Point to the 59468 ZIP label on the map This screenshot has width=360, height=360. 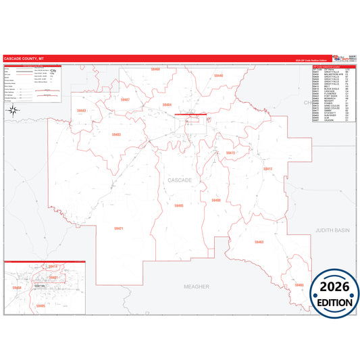pos(155,70)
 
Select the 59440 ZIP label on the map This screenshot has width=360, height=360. pos(218,76)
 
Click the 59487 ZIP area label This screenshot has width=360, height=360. pos(124,99)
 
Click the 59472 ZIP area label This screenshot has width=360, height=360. pos(230,153)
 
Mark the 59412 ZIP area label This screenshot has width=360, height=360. pos(267,168)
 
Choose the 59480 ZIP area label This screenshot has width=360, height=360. pos(216,200)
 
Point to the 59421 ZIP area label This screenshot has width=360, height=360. pos(118,229)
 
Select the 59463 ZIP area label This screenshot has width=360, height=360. pos(259,242)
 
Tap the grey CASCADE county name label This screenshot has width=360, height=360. pos(180,180)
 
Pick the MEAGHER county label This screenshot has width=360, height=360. pos(197,286)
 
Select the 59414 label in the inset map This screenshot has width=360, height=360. pos(53,267)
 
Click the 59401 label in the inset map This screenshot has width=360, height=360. pos(53,277)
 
